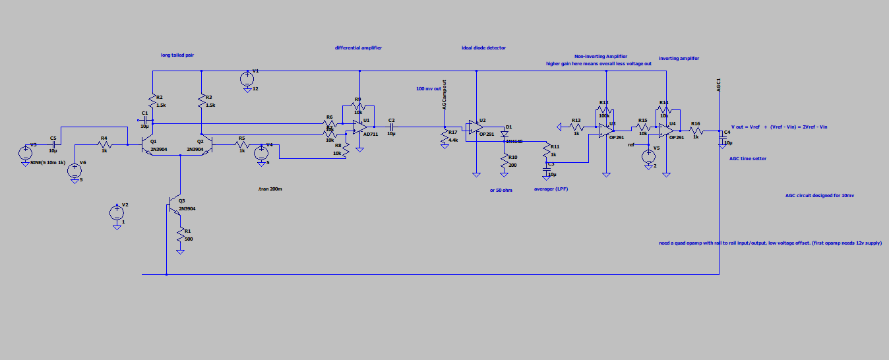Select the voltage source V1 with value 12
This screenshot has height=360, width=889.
pos(247,78)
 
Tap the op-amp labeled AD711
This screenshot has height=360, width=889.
pos(359,127)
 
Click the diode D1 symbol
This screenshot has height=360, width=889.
pos(504,133)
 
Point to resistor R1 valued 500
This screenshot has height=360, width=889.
pos(180,236)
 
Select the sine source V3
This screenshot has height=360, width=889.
pos(25,153)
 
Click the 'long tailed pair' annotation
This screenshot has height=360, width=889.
pos(177,55)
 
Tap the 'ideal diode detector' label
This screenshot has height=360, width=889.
pos(483,47)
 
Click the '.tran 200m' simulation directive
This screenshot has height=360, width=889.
pos(270,189)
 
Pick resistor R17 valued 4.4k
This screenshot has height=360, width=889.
pos(445,137)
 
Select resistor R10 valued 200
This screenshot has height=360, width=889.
pos(505,162)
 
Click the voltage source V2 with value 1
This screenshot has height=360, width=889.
pos(116,212)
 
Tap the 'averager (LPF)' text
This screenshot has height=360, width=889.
pos(551,189)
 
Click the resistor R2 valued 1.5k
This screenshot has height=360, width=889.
pos(152,102)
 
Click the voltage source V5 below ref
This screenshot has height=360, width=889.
pos(649,156)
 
